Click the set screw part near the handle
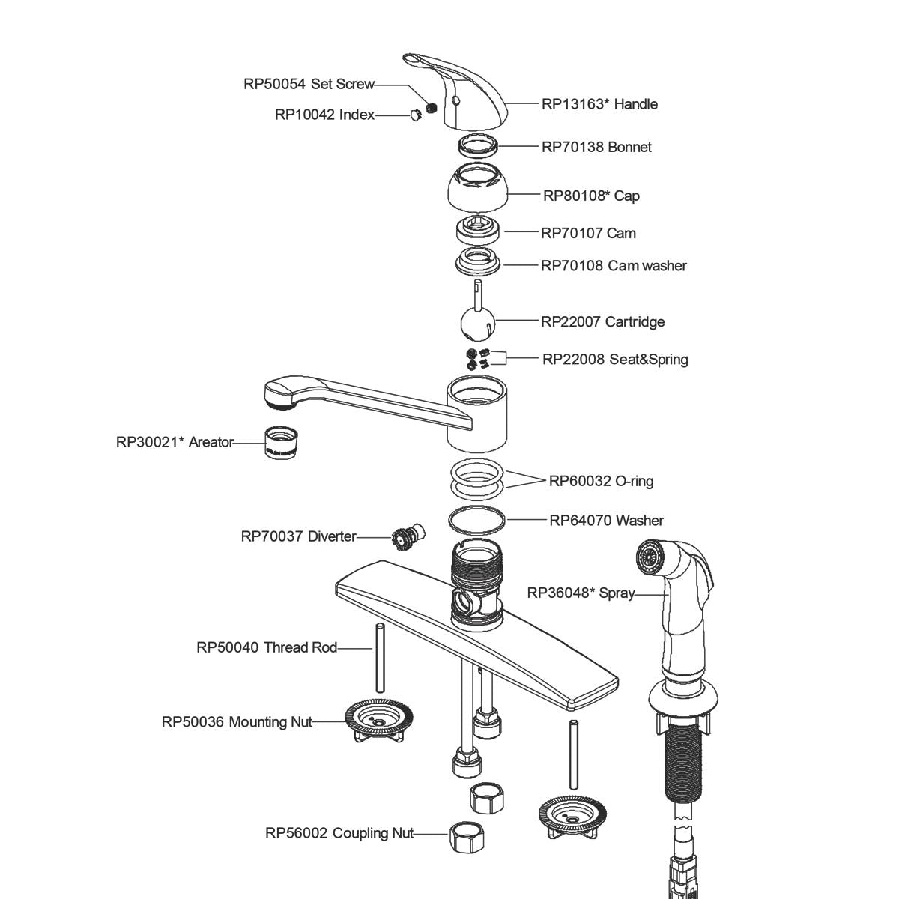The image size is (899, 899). click(x=431, y=107)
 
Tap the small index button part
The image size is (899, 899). click(x=414, y=115)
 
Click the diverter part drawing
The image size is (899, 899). click(x=406, y=537)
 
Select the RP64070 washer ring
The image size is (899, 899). click(x=477, y=520)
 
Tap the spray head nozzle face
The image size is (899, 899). click(x=649, y=557)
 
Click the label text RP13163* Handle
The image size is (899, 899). click(x=599, y=104)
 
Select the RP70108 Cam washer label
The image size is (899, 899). click(x=614, y=265)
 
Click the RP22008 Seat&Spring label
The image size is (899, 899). click(x=614, y=359)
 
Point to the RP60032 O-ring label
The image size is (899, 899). click(x=601, y=481)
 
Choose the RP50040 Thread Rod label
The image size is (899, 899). click(x=267, y=647)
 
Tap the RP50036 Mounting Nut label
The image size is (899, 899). click(x=237, y=722)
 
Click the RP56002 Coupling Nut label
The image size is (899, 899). click(x=339, y=833)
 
